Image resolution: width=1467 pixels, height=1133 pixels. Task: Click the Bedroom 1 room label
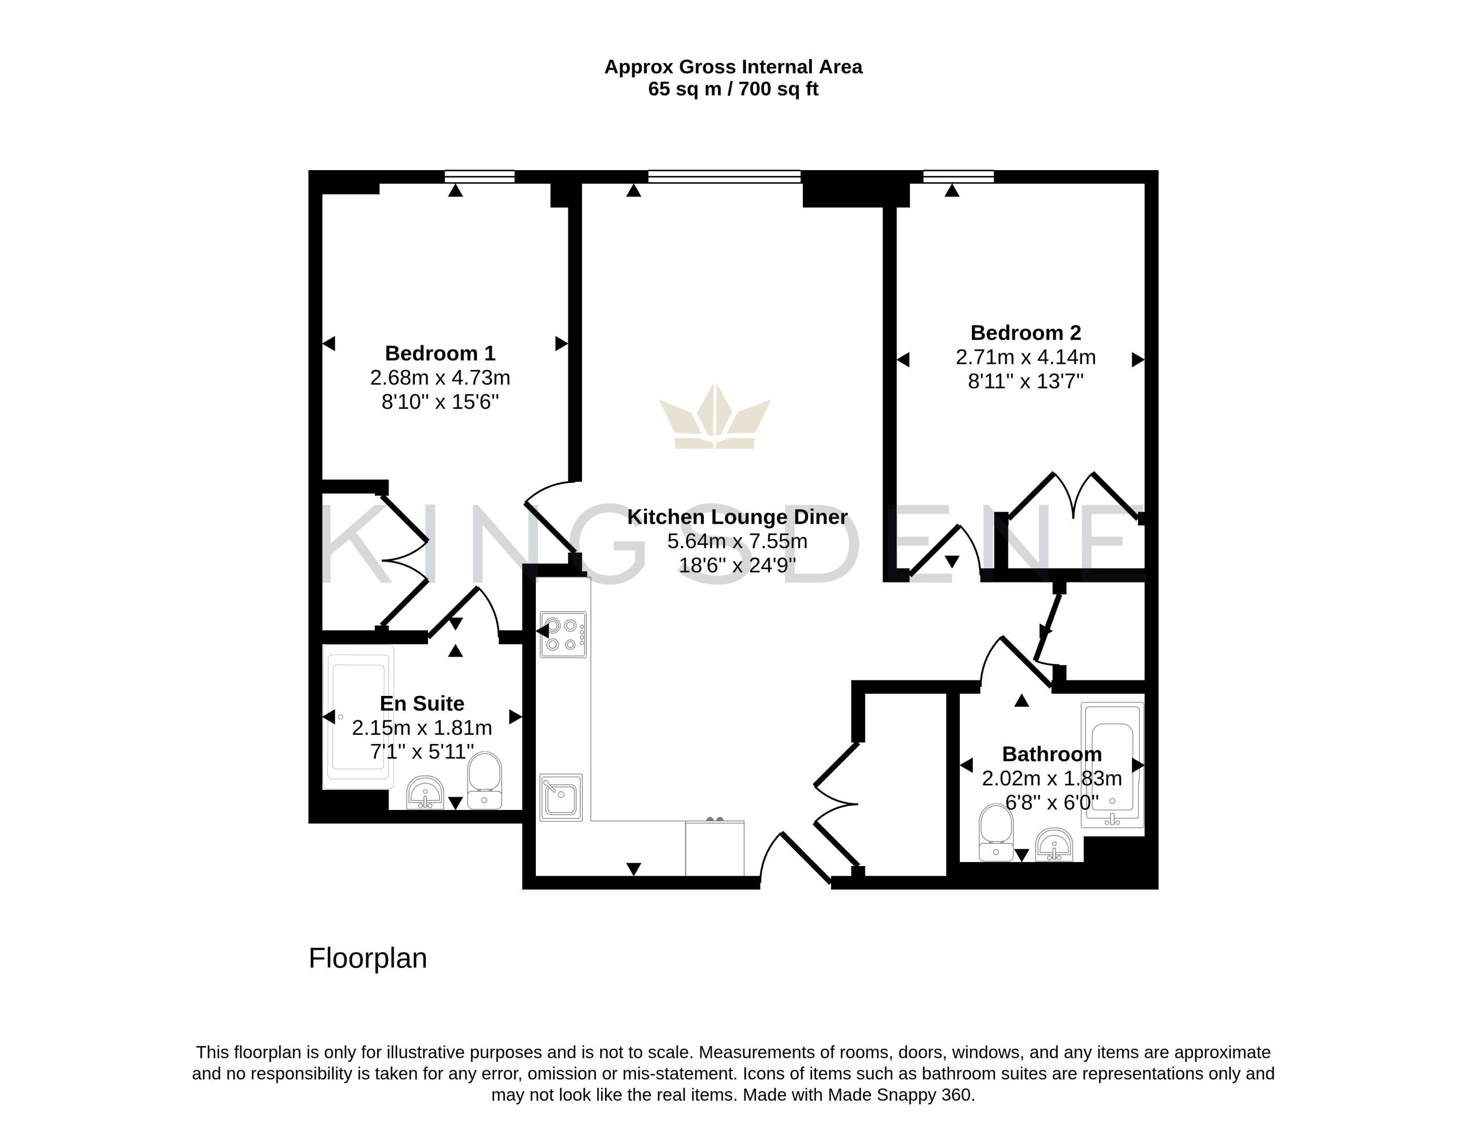[x=440, y=353]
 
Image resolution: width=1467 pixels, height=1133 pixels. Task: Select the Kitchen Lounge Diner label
[x=738, y=517]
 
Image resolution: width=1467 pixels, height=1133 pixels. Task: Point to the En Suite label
[x=422, y=703]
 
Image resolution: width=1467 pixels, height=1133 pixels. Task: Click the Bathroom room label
[x=1052, y=754]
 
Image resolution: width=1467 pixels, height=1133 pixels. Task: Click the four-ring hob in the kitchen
[x=563, y=634]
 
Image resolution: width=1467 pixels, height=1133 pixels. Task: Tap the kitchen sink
[x=561, y=797]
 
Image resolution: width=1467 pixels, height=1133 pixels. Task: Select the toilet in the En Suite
[x=484, y=780]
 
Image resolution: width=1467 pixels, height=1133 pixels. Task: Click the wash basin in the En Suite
[x=425, y=793]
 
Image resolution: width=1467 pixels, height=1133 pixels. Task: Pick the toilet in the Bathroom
[x=996, y=832]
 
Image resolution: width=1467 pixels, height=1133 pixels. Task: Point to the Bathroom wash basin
[x=1054, y=845]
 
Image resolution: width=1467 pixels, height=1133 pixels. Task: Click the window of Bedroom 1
[x=480, y=176]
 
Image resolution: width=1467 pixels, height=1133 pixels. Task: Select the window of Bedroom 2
[x=959, y=176]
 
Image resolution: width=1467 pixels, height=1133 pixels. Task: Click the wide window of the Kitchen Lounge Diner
[x=725, y=176]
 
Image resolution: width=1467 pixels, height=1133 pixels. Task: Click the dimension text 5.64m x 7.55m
[x=738, y=541]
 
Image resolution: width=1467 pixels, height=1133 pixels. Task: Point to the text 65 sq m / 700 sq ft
[x=733, y=89]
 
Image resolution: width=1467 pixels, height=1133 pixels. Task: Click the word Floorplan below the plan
[x=367, y=958]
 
